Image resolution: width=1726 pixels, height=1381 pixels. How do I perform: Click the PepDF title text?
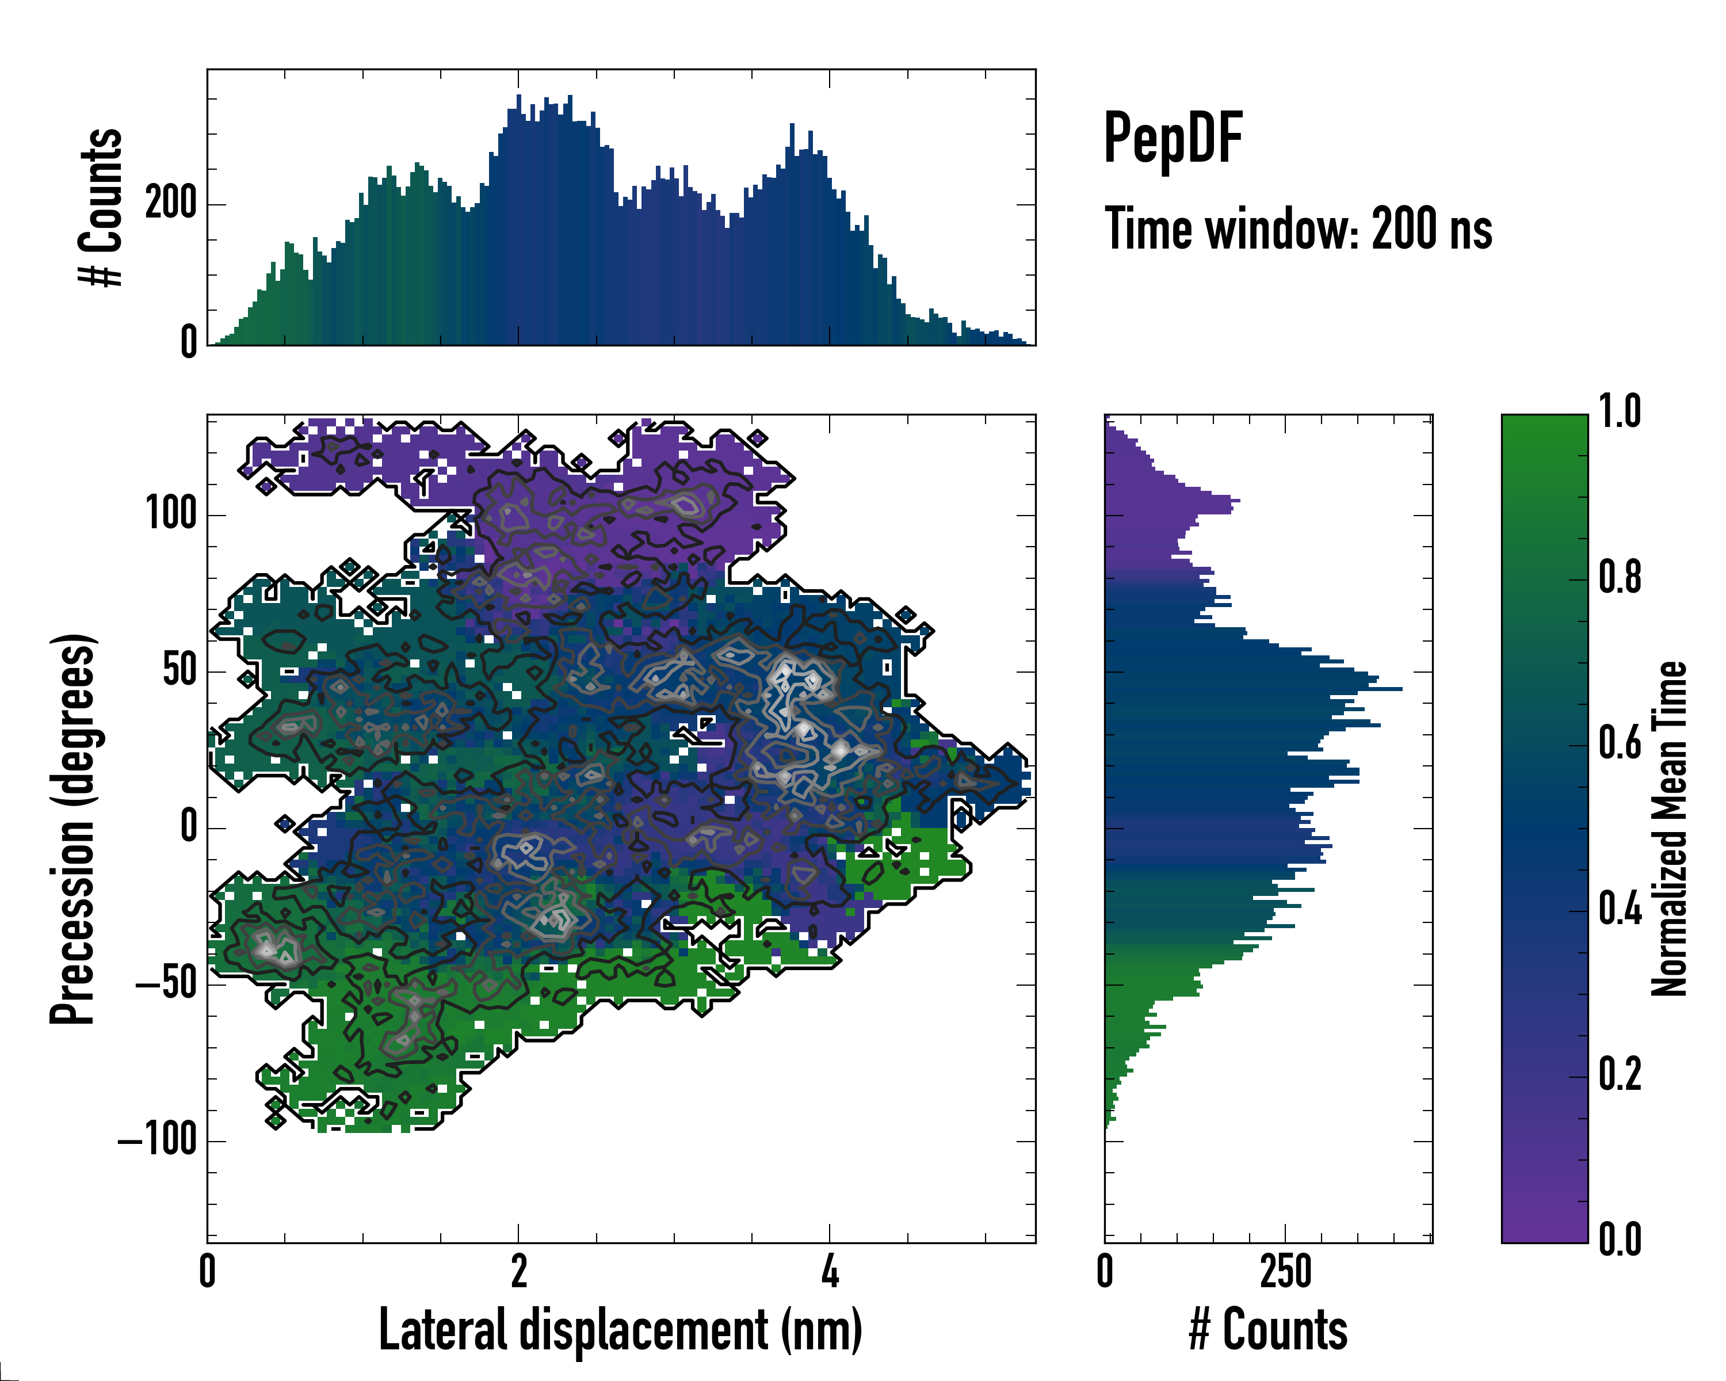[x=1173, y=139]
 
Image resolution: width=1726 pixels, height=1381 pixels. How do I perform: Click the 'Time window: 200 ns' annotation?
[x=1298, y=230]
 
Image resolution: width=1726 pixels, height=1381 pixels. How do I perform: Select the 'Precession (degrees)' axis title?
[x=74, y=829]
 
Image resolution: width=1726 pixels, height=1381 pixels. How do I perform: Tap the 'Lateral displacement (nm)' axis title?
[x=620, y=1330]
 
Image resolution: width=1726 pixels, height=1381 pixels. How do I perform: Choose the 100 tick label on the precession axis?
[x=171, y=513]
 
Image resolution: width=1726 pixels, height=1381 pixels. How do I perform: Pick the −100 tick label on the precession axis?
[x=158, y=1139]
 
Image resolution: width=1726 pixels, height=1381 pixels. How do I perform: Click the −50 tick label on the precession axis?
[x=166, y=983]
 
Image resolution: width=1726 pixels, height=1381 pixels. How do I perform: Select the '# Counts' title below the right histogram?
[x=1268, y=1330]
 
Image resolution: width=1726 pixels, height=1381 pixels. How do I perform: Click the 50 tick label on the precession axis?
[x=180, y=670]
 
